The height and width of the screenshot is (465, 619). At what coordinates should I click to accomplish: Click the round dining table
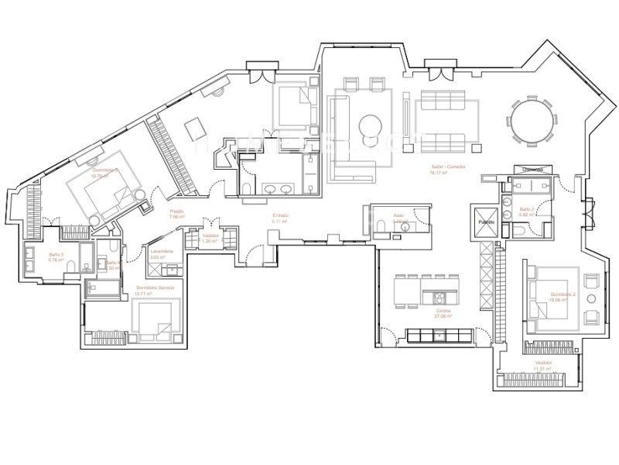(x=531, y=121)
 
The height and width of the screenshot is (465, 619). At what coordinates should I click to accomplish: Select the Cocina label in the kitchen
(x=443, y=309)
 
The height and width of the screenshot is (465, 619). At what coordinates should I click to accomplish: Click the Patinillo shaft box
(x=485, y=222)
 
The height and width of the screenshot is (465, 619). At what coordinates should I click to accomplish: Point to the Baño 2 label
(x=526, y=209)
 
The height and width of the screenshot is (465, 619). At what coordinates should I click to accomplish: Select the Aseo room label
(x=398, y=216)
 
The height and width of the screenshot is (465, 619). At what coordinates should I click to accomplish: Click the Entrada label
(x=280, y=215)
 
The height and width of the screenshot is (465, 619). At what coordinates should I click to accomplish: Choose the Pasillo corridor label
(x=177, y=212)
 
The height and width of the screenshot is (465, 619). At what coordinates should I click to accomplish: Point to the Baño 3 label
(x=55, y=254)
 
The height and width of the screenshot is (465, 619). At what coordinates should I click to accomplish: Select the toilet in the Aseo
(x=381, y=226)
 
